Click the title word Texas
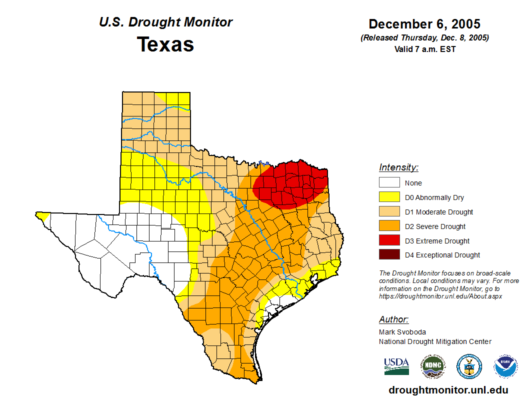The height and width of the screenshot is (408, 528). [x=165, y=44]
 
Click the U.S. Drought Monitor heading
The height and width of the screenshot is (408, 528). [x=165, y=22]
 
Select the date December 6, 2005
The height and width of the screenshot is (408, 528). [x=424, y=24]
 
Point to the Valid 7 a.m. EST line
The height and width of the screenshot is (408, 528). [x=424, y=49]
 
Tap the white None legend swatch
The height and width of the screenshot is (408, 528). [x=389, y=183]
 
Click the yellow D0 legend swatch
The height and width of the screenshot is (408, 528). [x=389, y=197]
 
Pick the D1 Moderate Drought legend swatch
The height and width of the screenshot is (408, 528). [x=389, y=212]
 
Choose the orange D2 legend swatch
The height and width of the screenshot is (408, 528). [x=389, y=226]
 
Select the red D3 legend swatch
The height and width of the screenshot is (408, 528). [x=389, y=241]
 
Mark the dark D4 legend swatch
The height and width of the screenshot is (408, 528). [x=389, y=255]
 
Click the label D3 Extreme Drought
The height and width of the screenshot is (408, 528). [x=437, y=241]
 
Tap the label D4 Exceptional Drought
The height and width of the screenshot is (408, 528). [x=442, y=255]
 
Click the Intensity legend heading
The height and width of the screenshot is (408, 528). [x=398, y=167]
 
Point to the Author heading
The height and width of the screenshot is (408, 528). [x=393, y=319]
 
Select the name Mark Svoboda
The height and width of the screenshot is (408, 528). [x=402, y=332]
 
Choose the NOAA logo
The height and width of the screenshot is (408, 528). [x=506, y=366]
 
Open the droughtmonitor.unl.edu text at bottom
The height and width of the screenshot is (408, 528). [x=448, y=390]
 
